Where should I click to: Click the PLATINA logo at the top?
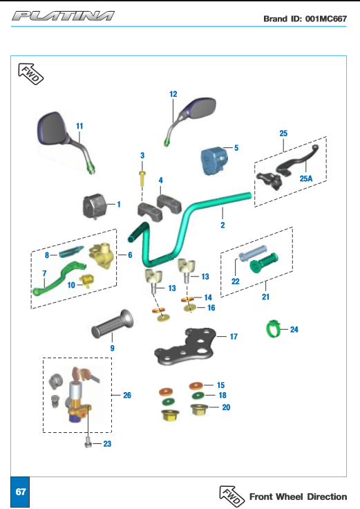[63, 16]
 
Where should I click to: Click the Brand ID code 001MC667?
[326, 19]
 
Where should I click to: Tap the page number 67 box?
[20, 492]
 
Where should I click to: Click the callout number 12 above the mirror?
[173, 94]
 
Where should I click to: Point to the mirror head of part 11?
[53, 129]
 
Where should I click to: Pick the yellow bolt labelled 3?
[142, 178]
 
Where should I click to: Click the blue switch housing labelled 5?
[214, 160]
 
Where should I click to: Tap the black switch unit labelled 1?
[95, 206]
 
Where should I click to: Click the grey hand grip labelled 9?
[112, 324]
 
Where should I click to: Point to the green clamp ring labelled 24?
[272, 329]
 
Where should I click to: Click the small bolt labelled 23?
[88, 442]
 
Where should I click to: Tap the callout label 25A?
[306, 178]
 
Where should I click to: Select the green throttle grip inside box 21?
[264, 263]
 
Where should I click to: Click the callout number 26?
[127, 395]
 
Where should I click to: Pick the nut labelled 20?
[199, 409]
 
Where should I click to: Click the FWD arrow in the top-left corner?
[31, 74]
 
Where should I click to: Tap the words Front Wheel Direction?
[298, 497]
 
